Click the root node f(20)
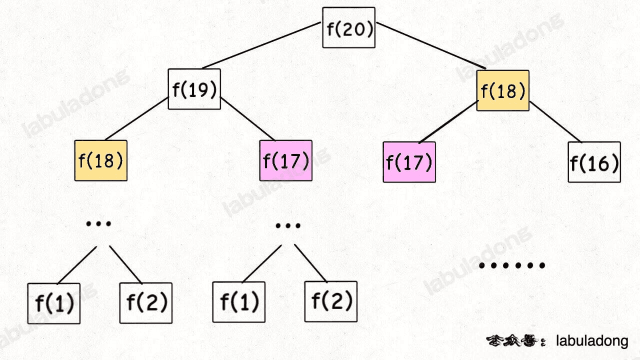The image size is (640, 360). click(x=348, y=27)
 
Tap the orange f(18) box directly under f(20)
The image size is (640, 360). click(x=502, y=90)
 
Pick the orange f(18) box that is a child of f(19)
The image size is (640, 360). click(x=100, y=160)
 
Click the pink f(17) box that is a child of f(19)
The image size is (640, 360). click(x=285, y=160)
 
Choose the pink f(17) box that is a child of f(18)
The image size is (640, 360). click(x=409, y=162)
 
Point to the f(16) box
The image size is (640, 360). click(x=594, y=162)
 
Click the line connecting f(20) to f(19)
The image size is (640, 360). click(x=261, y=45)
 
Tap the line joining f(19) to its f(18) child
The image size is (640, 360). click(x=136, y=118)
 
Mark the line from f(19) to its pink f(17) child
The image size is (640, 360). click(x=247, y=118)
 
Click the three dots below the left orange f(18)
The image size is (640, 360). click(x=98, y=223)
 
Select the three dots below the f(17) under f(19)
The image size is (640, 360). click(x=288, y=225)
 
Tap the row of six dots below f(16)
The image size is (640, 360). click(x=511, y=265)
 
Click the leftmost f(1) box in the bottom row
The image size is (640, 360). click(x=53, y=303)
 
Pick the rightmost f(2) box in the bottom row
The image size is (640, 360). click(x=331, y=301)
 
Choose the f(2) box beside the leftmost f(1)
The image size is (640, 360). click(x=145, y=302)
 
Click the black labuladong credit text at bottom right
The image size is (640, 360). click(x=592, y=341)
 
